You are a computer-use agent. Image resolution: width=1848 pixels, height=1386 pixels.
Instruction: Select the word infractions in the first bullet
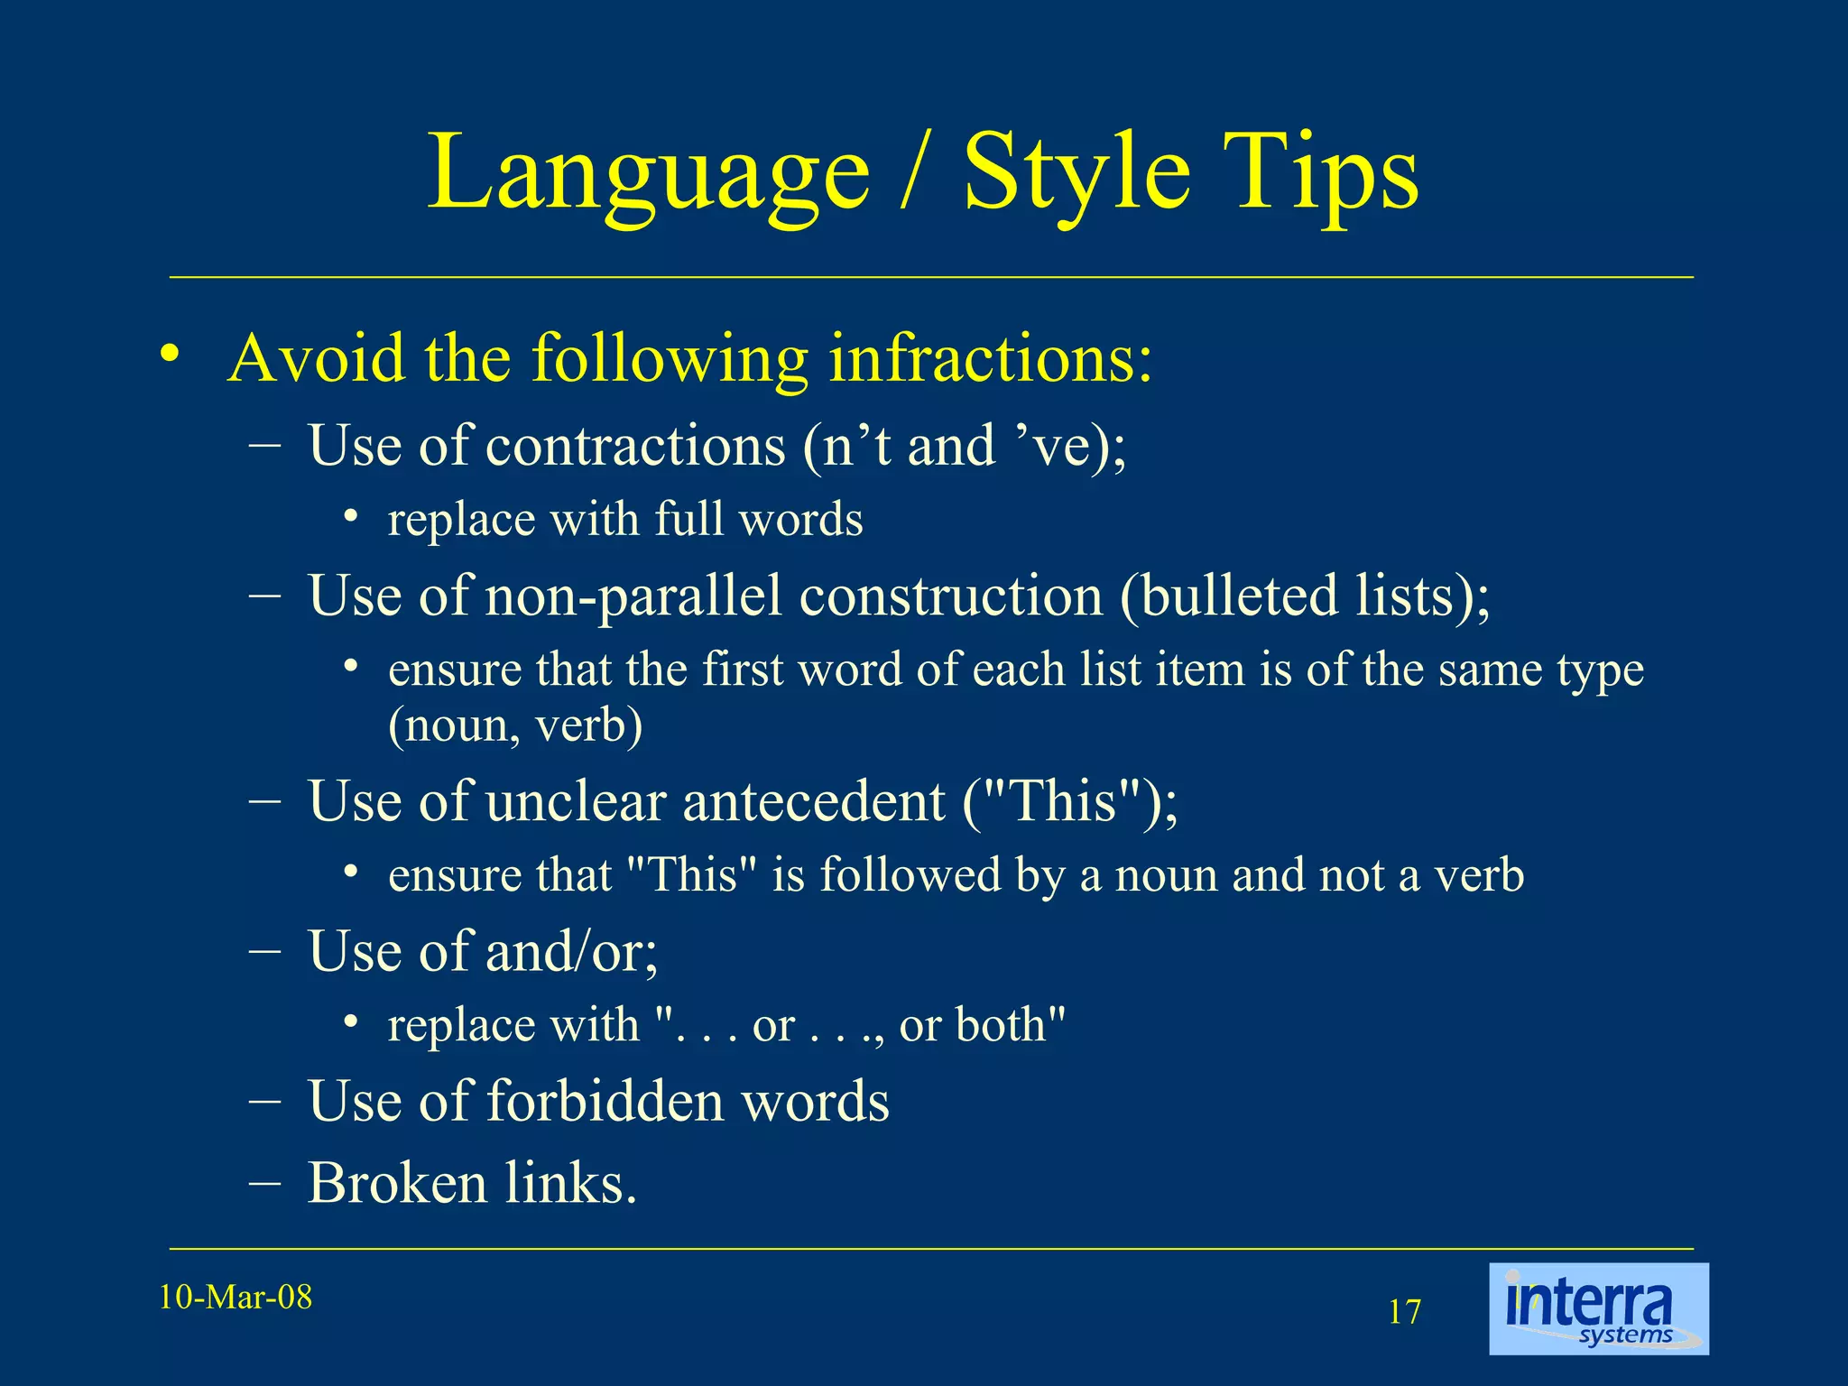[990, 358]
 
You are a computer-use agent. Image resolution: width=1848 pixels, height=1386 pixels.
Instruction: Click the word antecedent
[813, 801]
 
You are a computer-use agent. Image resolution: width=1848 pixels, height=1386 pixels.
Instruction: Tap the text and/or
[572, 951]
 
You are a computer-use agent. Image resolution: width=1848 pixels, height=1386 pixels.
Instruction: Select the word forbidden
[605, 1101]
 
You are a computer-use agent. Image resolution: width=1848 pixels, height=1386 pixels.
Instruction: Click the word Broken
[396, 1183]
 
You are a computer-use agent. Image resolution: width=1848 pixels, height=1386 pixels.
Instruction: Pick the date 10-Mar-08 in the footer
[236, 1298]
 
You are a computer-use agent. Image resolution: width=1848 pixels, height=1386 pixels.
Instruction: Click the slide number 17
[1404, 1312]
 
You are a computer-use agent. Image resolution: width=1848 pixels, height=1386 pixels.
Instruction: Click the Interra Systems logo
[1598, 1308]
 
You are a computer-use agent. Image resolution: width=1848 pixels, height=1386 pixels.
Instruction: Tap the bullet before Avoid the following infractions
[169, 355]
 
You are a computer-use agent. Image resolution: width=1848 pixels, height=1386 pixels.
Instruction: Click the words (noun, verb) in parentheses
[515, 725]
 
